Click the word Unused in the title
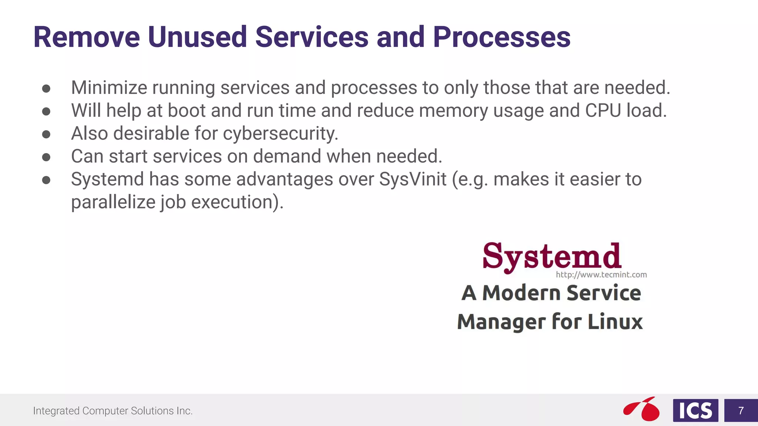coord(197,37)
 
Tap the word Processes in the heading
coord(502,37)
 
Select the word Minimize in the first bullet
coord(109,88)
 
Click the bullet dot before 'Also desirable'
coord(46,134)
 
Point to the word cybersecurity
coord(280,134)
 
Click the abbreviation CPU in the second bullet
coord(603,111)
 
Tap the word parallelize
coord(113,203)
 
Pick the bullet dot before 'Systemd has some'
coord(46,180)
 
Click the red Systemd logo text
coord(551,257)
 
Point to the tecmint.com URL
coord(601,275)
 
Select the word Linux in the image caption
coord(615,321)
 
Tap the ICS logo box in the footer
coord(695,410)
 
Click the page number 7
coord(741,410)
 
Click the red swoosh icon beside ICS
coord(642,409)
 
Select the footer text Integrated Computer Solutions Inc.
coord(113,411)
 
